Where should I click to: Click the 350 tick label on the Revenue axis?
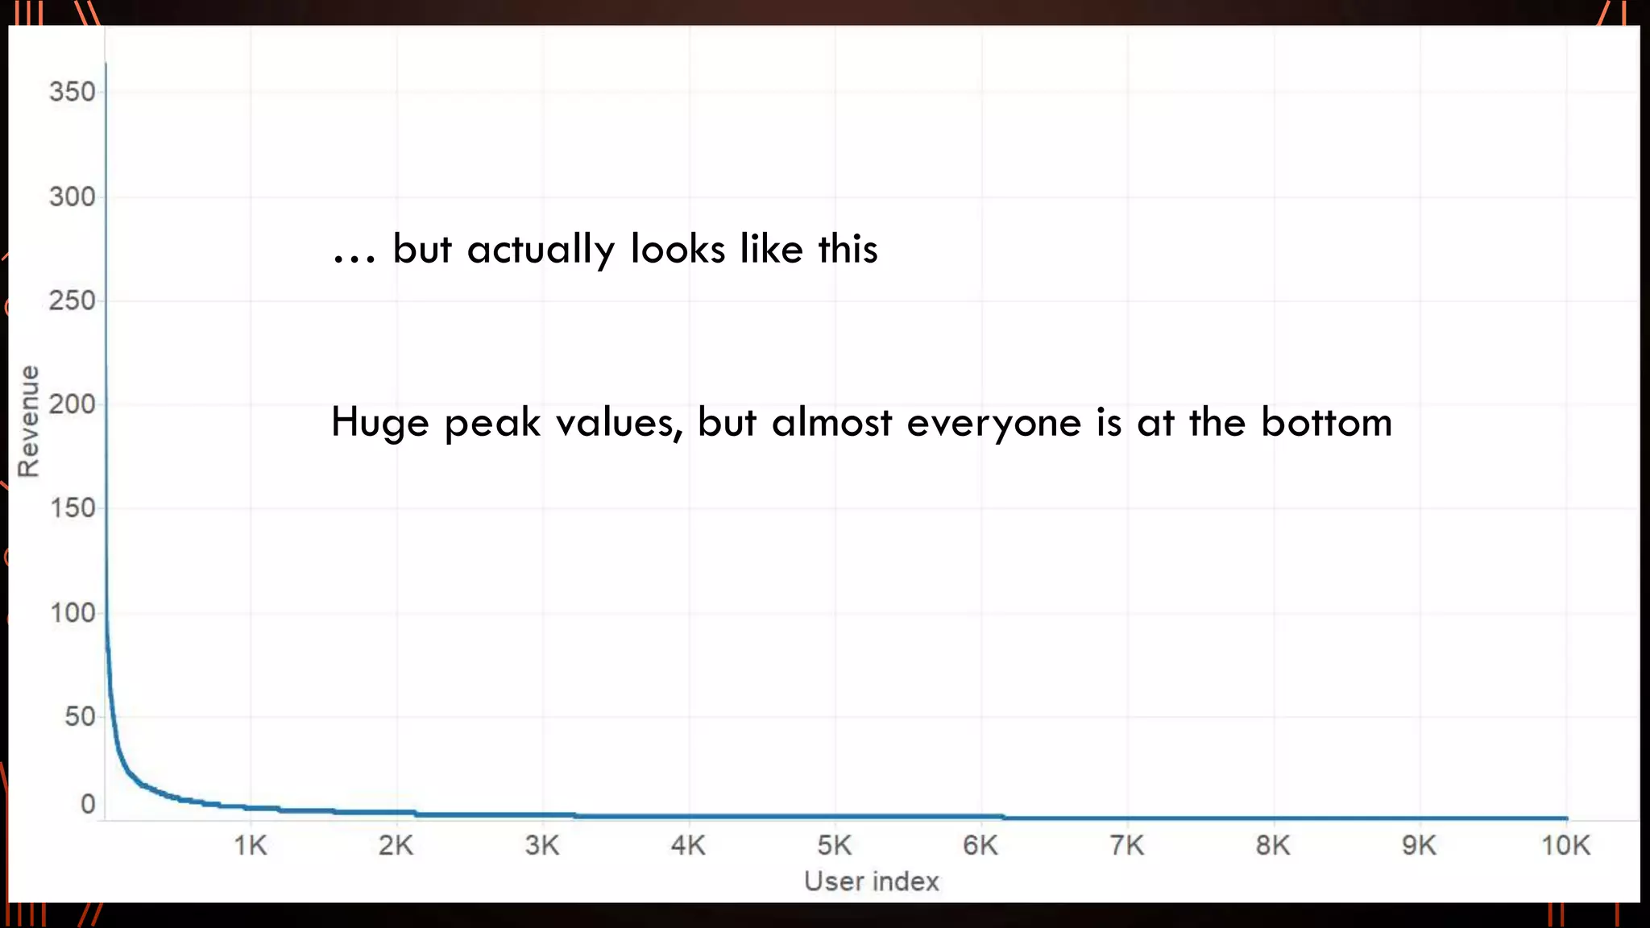pos(72,92)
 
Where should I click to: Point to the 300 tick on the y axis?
pos(72,197)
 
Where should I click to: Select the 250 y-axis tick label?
pos(72,300)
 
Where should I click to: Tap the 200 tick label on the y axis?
pos(72,404)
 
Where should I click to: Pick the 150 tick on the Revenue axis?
pos(72,508)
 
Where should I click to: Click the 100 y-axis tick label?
pos(72,613)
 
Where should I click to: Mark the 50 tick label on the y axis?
pos(80,716)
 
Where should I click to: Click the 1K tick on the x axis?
pos(250,846)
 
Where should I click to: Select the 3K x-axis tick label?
pos(542,846)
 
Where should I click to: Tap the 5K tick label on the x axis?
pos(835,846)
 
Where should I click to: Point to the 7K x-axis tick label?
pos(1126,846)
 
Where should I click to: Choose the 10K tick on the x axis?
pos(1565,846)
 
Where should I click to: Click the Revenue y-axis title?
pos(28,421)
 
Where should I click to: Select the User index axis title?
pos(872,881)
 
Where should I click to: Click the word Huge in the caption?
pos(379,423)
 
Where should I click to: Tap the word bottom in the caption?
pos(1326,422)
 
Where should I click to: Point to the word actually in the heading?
pos(541,250)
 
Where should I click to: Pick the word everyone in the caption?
pos(993,423)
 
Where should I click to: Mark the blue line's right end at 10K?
pos(1566,818)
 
